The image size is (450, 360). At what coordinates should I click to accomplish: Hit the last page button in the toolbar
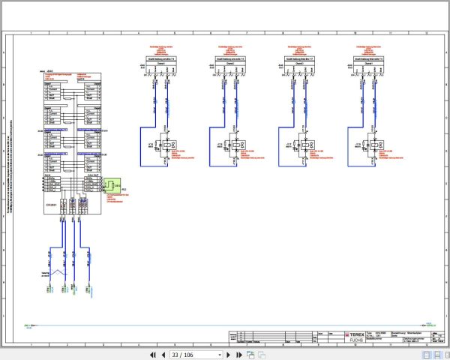(241, 354)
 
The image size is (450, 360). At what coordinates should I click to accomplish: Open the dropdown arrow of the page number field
(220, 354)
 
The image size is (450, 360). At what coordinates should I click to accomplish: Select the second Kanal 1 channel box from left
(228, 64)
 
